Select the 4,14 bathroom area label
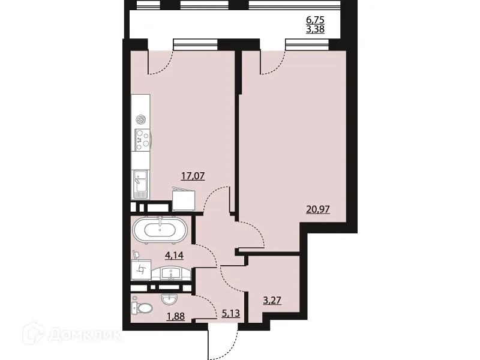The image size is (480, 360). click(174, 255)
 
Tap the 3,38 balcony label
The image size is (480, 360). click(315, 28)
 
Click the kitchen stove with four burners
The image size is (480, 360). click(142, 140)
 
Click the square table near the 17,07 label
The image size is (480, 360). click(185, 197)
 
